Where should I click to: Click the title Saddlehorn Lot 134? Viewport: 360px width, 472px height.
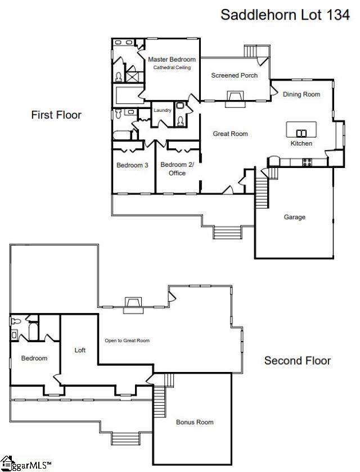pos(285,15)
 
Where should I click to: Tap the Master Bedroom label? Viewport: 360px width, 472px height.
pos(172,60)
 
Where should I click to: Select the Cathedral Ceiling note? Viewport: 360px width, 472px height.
pos(172,67)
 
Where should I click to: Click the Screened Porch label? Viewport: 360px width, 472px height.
pos(234,75)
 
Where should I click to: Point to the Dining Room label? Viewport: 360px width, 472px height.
pos(301,94)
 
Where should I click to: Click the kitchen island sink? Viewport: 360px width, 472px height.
pos(301,133)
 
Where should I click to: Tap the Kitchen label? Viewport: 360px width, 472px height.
pos(301,143)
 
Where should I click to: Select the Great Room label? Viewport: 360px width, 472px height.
pos(230,134)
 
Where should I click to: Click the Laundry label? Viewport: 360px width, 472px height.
pos(163,110)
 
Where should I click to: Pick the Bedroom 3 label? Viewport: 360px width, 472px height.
pos(132,165)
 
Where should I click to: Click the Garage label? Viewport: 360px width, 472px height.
pos(294,217)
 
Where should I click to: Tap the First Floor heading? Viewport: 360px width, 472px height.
pos(56,115)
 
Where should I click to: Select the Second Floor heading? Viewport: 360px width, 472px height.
pos(298,361)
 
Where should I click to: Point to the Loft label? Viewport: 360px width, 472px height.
pos(80,350)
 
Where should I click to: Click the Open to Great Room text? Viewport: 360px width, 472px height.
pos(127,341)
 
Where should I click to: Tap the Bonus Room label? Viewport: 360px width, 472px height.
pos(195,422)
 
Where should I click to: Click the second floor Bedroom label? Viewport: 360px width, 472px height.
pos(34,358)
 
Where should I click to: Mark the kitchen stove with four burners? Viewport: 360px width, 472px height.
pos(307,162)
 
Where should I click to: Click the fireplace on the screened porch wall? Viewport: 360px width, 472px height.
pos(235,98)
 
